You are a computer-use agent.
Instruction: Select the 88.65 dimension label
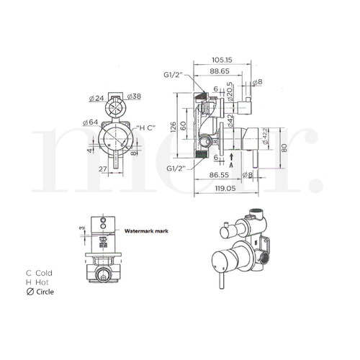point(220,71)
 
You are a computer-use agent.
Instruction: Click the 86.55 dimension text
point(220,175)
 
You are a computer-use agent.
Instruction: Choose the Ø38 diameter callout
point(135,97)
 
